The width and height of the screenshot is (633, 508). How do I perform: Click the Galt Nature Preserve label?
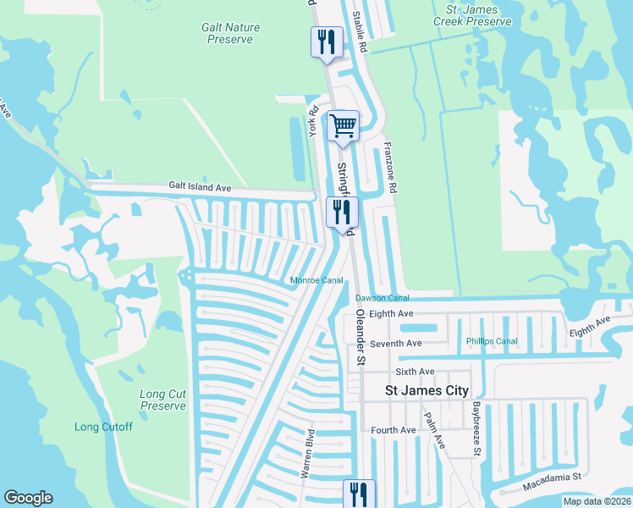(x=230, y=33)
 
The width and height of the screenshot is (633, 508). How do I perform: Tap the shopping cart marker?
(x=343, y=126)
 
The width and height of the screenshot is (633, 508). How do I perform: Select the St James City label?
(x=427, y=391)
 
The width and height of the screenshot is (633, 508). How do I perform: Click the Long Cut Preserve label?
(x=162, y=400)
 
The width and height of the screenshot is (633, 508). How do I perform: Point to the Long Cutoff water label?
(x=103, y=427)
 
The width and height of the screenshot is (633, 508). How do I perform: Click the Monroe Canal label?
(x=316, y=280)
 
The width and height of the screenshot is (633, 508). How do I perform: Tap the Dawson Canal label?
(x=382, y=298)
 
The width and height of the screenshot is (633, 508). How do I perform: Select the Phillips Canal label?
(x=491, y=341)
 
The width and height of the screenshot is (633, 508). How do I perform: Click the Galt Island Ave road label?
(x=200, y=185)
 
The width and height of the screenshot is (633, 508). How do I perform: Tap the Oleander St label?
(x=360, y=336)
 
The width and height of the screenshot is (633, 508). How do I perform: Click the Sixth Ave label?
(x=415, y=372)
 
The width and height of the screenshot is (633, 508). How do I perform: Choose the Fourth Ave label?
(x=394, y=430)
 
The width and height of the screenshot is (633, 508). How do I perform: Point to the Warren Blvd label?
(x=308, y=456)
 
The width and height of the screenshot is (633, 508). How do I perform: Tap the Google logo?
(x=28, y=498)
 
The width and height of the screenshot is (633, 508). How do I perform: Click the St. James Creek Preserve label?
(x=472, y=14)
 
